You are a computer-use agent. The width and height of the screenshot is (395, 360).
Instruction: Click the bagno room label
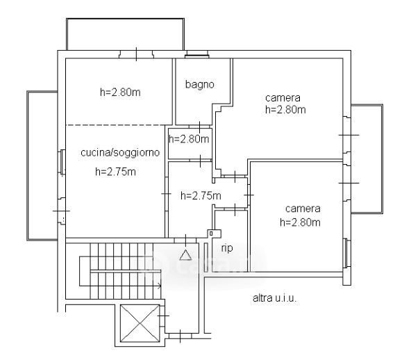click(200, 84)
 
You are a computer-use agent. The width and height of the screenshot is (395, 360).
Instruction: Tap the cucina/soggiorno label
click(120, 153)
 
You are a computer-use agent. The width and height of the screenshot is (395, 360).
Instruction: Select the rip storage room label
click(227, 248)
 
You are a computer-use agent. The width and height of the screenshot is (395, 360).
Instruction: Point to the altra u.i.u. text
click(274, 298)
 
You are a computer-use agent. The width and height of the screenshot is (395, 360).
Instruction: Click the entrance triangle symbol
click(185, 255)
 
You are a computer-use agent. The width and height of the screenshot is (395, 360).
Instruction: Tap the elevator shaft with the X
click(140, 323)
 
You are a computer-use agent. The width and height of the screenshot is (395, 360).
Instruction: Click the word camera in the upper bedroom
click(283, 98)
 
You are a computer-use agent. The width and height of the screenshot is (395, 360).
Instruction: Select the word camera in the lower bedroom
click(303, 208)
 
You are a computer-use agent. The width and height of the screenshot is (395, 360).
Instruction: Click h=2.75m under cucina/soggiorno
click(116, 172)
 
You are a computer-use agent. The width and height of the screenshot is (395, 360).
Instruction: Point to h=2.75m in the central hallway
click(201, 195)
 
